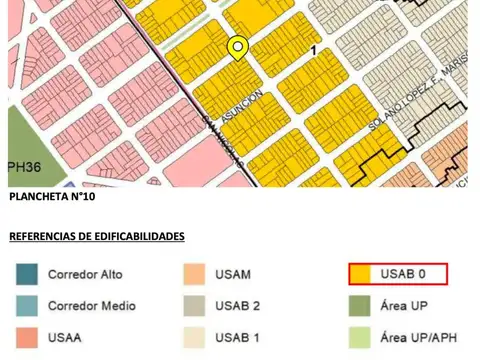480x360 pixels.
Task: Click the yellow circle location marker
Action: (x=237, y=47)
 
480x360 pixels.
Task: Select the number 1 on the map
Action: (x=314, y=50)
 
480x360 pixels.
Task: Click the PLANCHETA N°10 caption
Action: (x=52, y=197)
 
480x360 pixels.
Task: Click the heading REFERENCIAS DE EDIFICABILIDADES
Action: (x=97, y=236)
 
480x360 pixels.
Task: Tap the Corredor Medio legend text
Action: (x=92, y=306)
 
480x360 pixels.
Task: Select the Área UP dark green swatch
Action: (x=364, y=306)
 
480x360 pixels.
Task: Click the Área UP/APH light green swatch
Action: (x=364, y=338)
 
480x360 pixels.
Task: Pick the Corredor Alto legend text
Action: (x=86, y=274)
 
